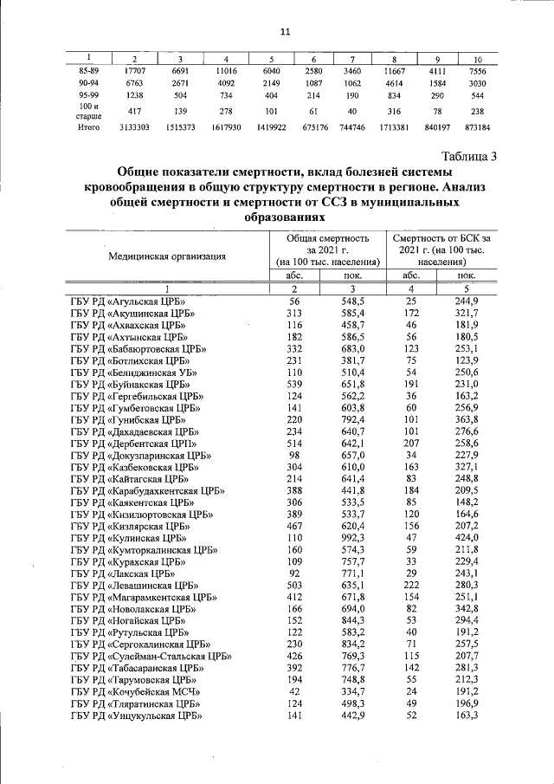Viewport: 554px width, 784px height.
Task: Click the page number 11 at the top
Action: point(284,32)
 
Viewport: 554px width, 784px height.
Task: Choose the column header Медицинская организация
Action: point(167,256)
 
